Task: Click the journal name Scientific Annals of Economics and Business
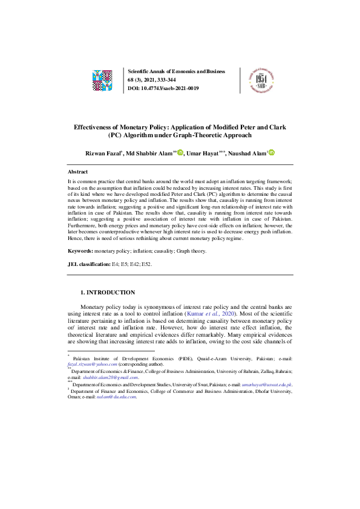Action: (x=176, y=71)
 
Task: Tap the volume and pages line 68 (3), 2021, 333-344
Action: (x=157, y=80)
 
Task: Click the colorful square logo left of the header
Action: (x=102, y=80)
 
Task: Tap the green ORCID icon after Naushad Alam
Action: (x=272, y=153)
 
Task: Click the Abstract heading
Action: (x=77, y=172)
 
